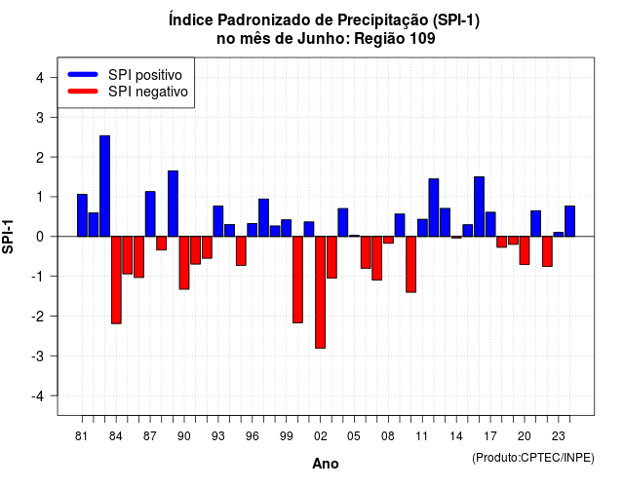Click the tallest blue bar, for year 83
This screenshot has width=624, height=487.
click(x=104, y=186)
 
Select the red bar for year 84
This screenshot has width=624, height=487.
click(x=116, y=280)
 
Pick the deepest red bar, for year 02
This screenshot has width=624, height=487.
click(x=321, y=292)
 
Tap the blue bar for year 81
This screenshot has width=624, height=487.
click(x=82, y=215)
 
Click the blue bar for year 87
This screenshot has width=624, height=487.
click(x=150, y=214)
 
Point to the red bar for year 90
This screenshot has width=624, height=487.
click(x=184, y=263)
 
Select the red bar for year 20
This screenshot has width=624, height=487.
click(x=525, y=250)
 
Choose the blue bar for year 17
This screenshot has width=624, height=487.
click(x=490, y=224)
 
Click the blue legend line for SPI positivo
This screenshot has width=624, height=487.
click(x=83, y=74)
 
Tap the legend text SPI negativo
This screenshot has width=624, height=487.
click(x=148, y=92)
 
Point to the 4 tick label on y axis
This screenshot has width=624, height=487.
click(x=40, y=78)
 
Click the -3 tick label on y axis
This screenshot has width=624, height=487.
click(x=37, y=356)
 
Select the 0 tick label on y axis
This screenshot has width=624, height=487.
click(x=40, y=237)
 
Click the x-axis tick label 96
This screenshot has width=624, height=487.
click(x=253, y=436)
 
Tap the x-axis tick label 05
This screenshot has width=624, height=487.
click(x=354, y=436)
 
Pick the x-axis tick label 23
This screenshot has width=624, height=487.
click(x=559, y=436)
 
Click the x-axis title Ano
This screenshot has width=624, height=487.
click(x=326, y=464)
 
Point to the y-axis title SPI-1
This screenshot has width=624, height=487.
click(x=8, y=237)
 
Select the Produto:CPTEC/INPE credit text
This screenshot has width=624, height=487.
click(x=533, y=458)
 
